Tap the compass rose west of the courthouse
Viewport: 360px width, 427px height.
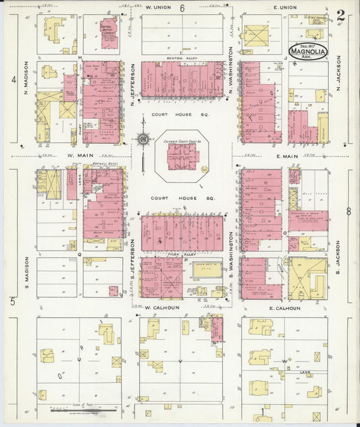click(x=143, y=140)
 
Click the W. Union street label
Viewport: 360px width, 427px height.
click(x=159, y=7)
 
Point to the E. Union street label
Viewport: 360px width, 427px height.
click(x=284, y=7)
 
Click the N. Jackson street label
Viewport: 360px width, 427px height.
click(x=339, y=79)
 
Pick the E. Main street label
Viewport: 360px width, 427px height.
click(x=286, y=157)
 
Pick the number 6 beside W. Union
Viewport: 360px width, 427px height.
click(x=182, y=8)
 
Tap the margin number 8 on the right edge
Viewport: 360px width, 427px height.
click(x=349, y=211)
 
